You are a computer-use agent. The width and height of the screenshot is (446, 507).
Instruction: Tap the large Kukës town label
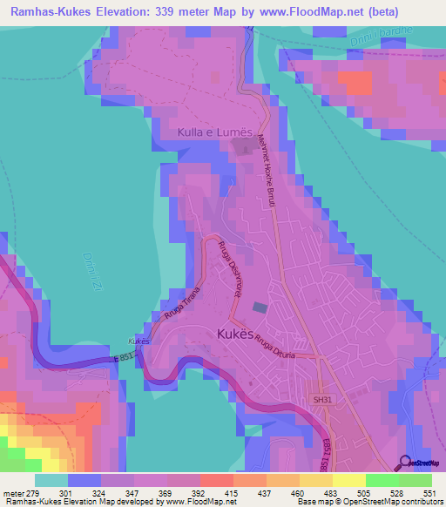pos(234,334)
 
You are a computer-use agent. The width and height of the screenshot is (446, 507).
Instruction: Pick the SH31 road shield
pos(322,400)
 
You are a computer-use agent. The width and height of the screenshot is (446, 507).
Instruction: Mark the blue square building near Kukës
pos(260,308)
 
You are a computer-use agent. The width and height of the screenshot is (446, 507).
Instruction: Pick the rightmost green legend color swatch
pos(416,481)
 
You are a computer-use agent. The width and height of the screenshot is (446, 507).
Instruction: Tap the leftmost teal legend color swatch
pos(51,481)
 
